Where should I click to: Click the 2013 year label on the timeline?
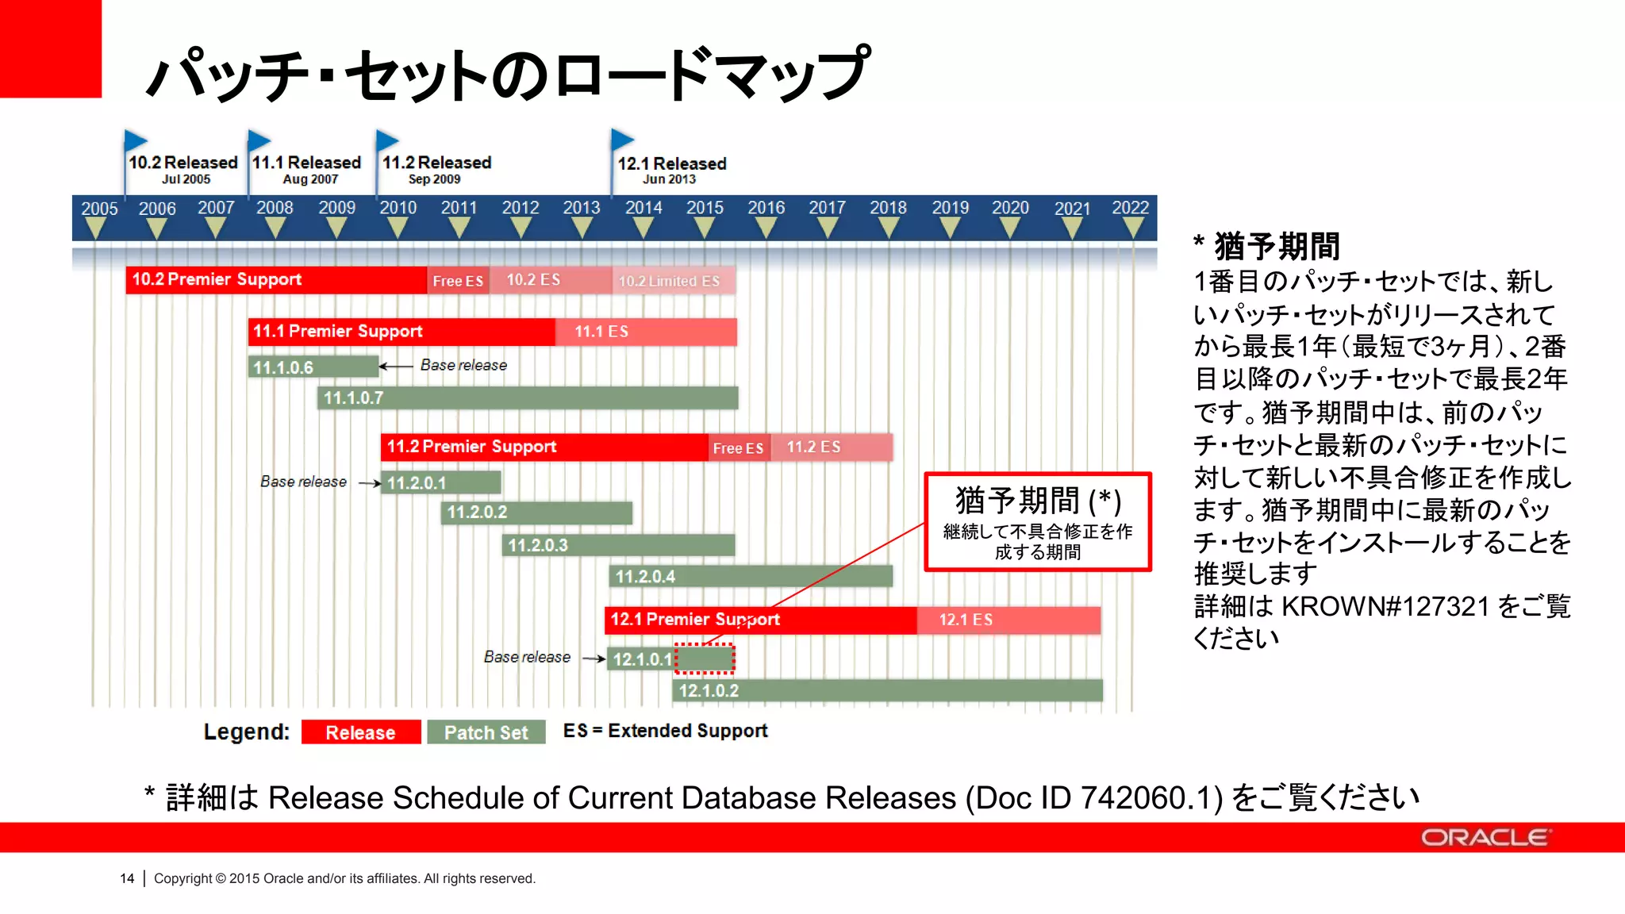tap(582, 208)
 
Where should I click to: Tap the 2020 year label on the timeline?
tap(1010, 208)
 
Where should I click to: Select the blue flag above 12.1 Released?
tap(622, 140)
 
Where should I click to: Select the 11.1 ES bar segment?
tap(646, 332)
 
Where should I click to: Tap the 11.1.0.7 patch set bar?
tap(528, 397)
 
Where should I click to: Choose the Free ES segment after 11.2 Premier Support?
tap(738, 448)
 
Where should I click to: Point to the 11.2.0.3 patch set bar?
tap(618, 545)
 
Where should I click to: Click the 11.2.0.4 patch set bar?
tap(751, 576)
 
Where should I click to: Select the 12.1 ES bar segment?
tap(1008, 620)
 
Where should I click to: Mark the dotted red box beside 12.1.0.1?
tap(705, 659)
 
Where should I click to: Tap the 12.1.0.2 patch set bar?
tap(887, 690)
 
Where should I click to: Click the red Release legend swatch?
tap(361, 732)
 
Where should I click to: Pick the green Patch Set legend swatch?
tap(486, 732)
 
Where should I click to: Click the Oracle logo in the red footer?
tap(1484, 838)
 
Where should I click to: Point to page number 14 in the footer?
tap(127, 878)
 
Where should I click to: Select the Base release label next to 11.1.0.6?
tap(463, 365)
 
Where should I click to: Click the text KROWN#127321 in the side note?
tap(1385, 606)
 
